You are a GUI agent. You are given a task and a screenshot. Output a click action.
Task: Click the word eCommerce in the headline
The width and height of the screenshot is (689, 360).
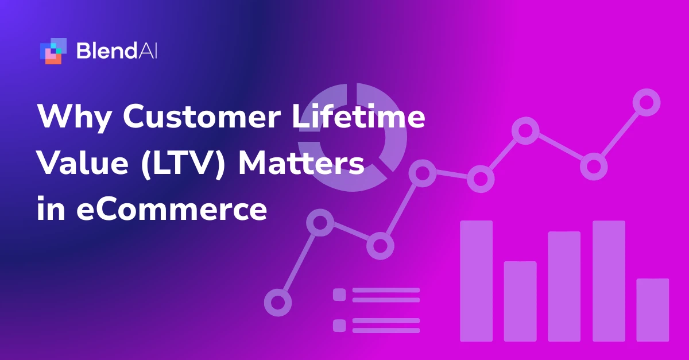point(172,210)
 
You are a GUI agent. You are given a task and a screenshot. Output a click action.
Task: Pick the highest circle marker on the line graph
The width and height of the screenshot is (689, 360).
point(647,102)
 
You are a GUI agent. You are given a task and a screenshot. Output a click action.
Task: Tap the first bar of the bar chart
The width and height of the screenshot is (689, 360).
point(476,281)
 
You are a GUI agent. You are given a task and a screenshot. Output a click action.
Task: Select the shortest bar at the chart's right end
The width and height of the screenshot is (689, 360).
point(653,309)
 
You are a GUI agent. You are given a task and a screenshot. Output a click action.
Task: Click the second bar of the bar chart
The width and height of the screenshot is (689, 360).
point(520,301)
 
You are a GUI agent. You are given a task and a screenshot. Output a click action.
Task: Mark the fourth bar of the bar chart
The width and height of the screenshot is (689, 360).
point(609,281)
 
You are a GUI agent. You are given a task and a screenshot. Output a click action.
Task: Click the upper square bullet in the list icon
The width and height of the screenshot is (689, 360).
point(339,295)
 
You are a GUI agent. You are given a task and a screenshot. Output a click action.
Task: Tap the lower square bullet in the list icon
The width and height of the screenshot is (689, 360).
point(339,325)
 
